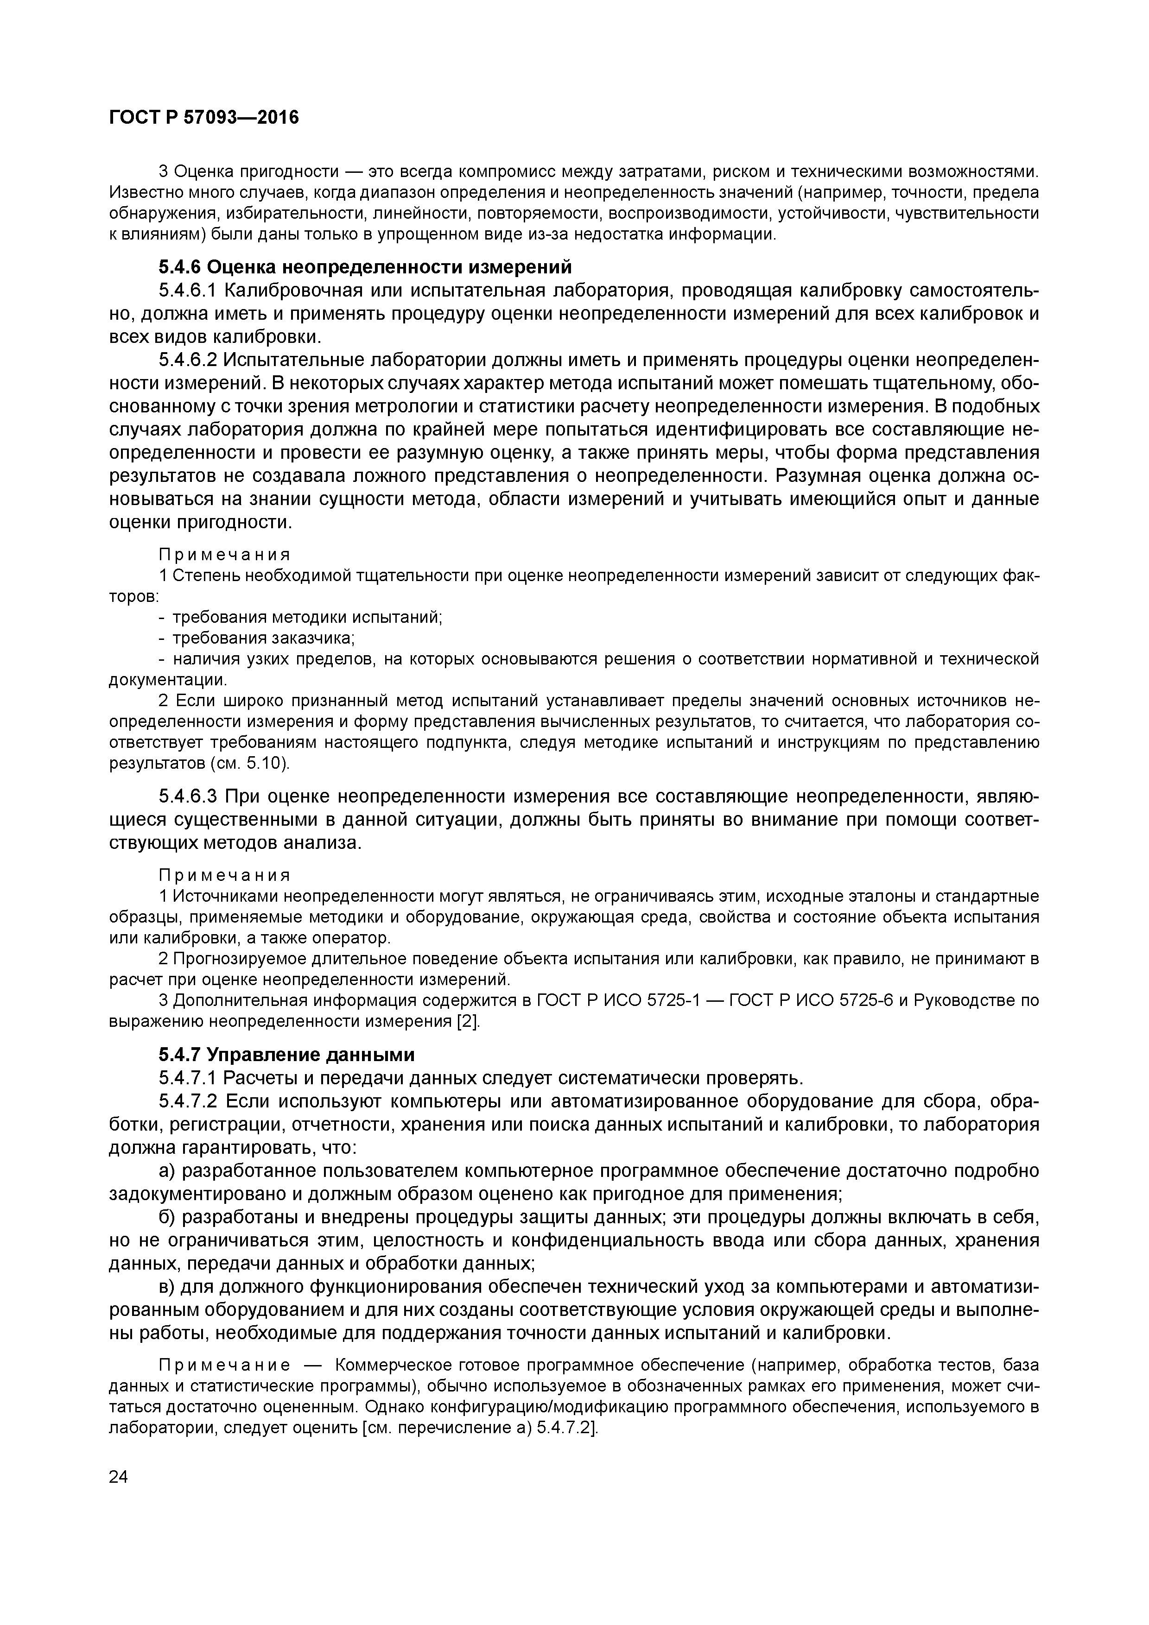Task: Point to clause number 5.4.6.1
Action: click(187, 291)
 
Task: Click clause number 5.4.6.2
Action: click(187, 360)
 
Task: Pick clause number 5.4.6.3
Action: click(187, 797)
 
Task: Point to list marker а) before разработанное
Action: click(167, 1171)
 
